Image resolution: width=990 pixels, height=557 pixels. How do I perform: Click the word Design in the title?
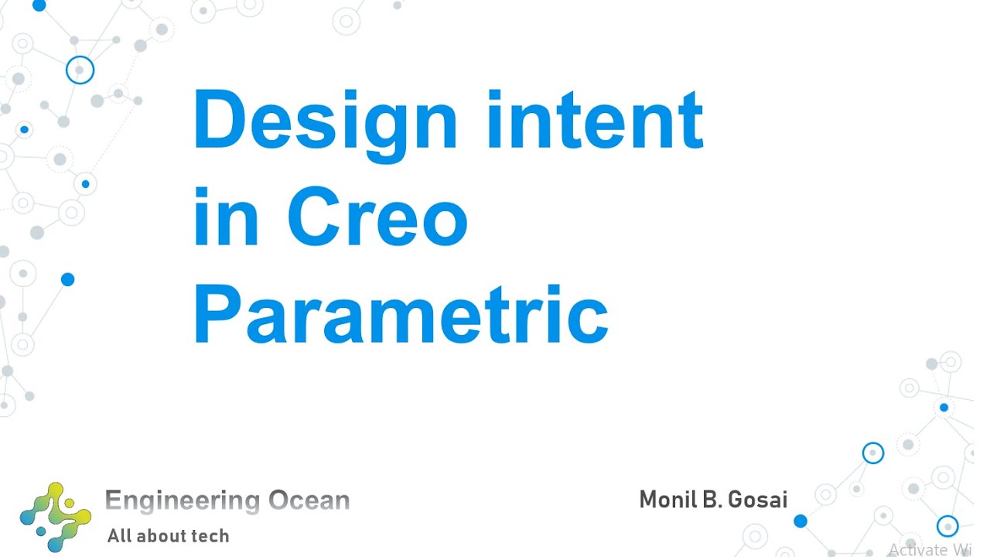point(325,122)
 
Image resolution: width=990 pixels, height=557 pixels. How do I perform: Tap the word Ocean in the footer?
point(309,501)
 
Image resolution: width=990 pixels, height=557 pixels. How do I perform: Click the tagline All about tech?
point(168,535)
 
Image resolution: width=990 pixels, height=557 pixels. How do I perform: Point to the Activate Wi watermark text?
point(928,549)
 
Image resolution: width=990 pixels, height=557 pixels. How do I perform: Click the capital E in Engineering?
point(113,501)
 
